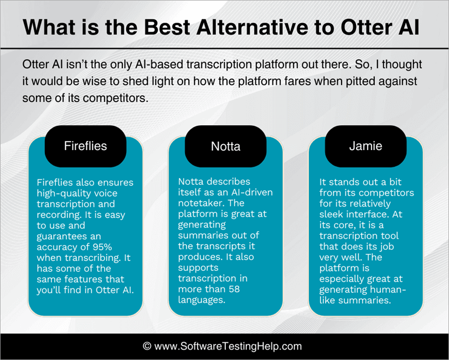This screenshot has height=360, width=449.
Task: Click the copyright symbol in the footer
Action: coord(147,346)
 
